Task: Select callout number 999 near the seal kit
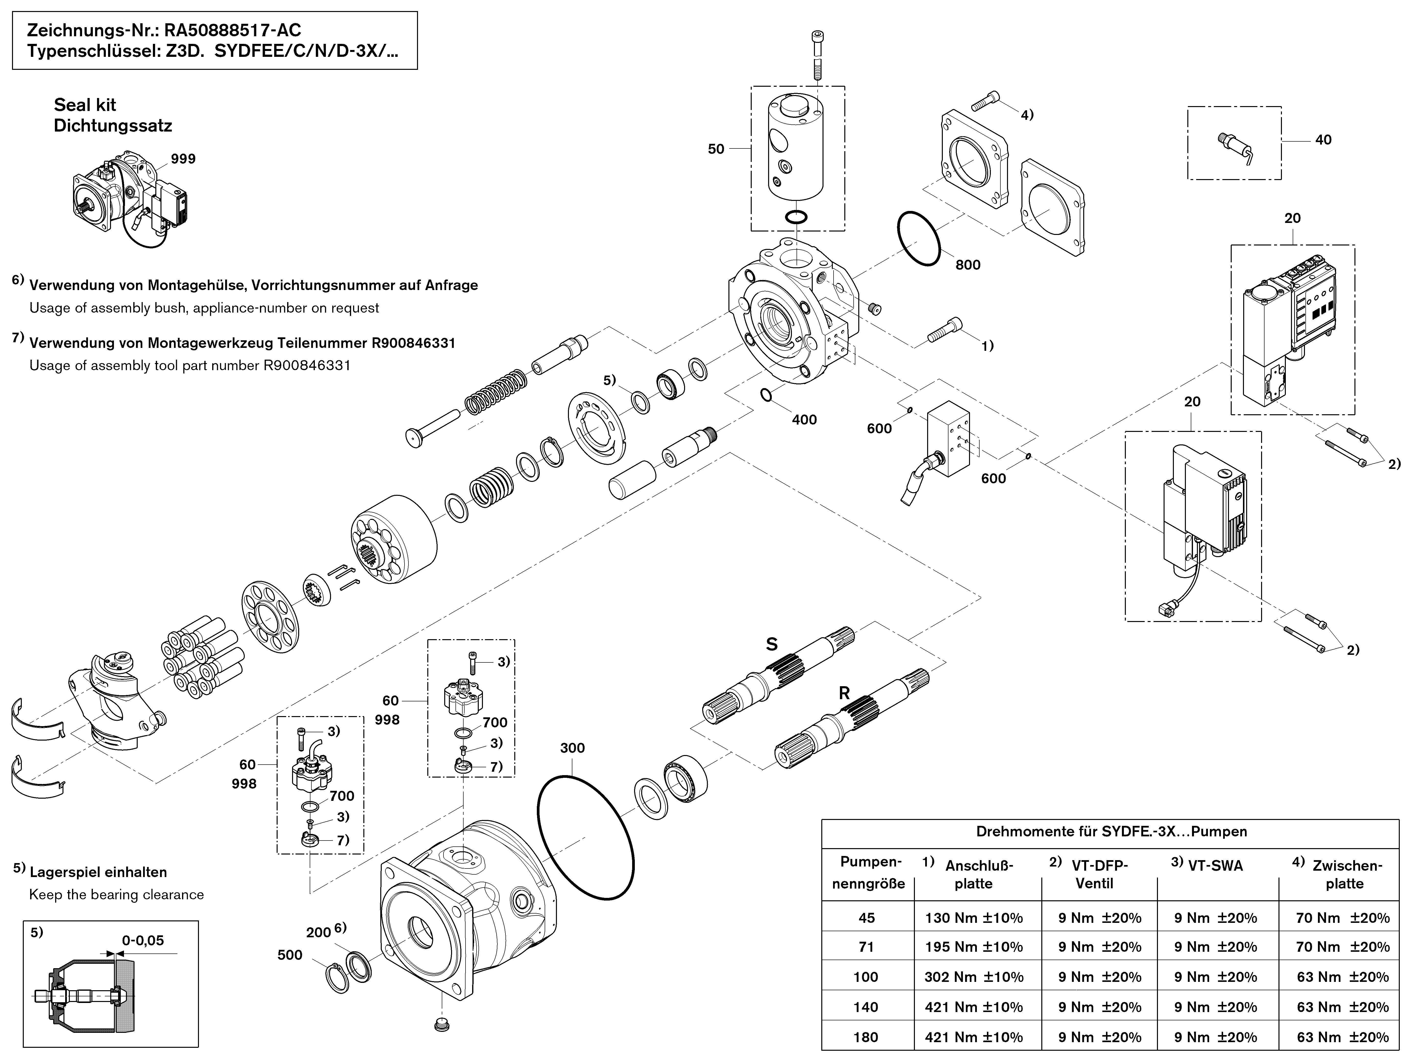(183, 158)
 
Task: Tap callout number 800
(968, 264)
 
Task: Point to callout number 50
(716, 149)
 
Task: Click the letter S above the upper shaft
(772, 644)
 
